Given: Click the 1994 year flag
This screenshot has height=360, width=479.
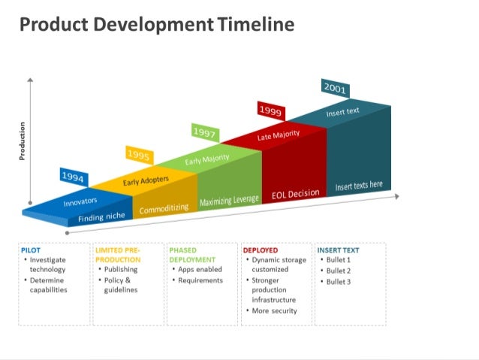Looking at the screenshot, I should point(73,177).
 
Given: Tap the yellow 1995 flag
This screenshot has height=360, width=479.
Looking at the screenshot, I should point(139,156).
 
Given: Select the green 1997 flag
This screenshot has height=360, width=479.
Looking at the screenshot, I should point(204,133).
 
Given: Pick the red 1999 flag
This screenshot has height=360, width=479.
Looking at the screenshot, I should point(270,110).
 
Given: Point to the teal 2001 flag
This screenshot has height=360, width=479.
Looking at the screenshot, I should point(335,88).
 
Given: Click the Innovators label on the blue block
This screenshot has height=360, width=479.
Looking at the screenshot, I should point(80,202).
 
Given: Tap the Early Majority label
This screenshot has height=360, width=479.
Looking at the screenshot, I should point(207,159).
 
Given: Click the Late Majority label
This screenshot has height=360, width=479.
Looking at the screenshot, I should point(279,135).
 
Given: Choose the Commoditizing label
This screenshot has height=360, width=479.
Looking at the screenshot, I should point(164,208).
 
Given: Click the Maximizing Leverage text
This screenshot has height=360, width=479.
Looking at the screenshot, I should point(229,201).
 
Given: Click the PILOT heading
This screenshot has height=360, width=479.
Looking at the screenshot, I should point(32,250).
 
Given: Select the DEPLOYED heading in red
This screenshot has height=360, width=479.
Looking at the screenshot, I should point(261,250).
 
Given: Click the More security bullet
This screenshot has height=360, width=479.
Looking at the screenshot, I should point(274,310).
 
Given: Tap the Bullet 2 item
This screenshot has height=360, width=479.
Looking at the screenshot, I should point(339,271).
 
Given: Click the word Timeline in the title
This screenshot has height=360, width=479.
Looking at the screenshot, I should point(256,25).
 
